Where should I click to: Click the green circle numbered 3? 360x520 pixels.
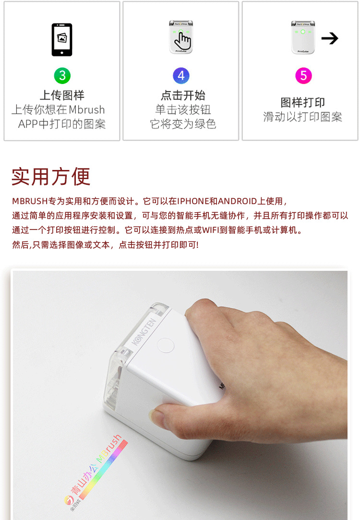pyautogui.click(x=62, y=75)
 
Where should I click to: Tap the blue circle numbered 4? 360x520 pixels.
pyautogui.click(x=181, y=75)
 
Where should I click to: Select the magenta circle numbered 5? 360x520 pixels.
pyautogui.click(x=303, y=75)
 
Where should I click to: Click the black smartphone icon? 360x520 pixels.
pyautogui.click(x=62, y=39)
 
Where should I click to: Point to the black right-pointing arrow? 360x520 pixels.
pyautogui.click(x=330, y=38)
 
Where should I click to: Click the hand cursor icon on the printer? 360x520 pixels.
pyautogui.click(x=183, y=40)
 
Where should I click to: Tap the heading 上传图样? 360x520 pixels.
pyautogui.click(x=62, y=95)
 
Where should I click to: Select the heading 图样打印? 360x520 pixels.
pyautogui.click(x=303, y=102)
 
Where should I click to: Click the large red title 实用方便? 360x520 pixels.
pyautogui.click(x=51, y=177)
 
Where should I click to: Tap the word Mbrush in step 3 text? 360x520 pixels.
pyautogui.click(x=86, y=110)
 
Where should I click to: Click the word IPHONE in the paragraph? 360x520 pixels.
pyautogui.click(x=193, y=201)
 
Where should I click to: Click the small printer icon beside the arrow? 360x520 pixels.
pyautogui.click(x=303, y=37)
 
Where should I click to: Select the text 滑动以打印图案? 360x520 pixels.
pyautogui.click(x=303, y=117)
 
